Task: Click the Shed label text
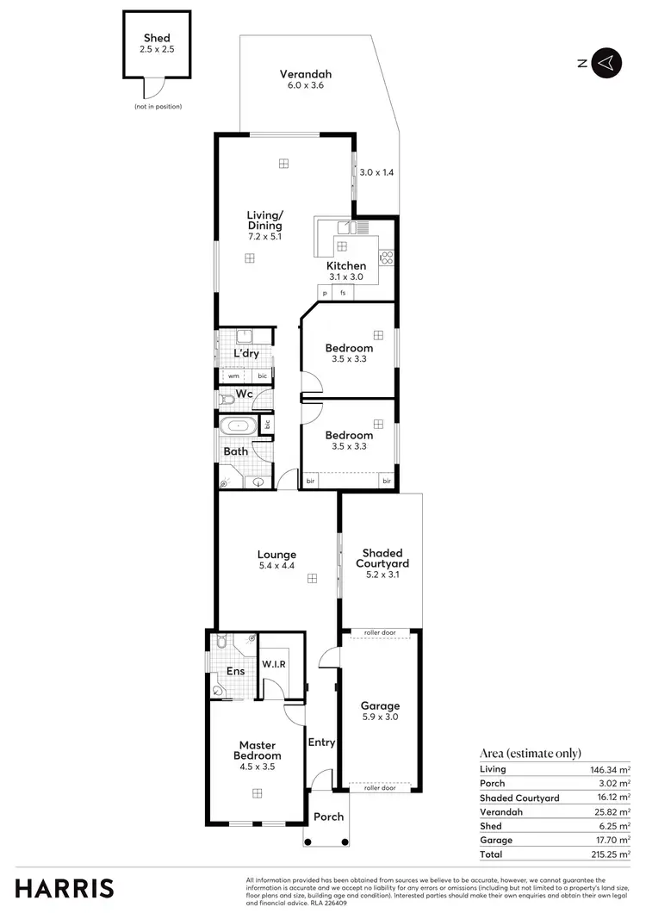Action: click(157, 38)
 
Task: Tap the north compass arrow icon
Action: click(607, 62)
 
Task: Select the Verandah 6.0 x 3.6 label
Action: click(305, 79)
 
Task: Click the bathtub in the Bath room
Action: click(236, 425)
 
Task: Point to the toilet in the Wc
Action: click(227, 398)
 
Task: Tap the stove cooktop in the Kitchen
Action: click(386, 256)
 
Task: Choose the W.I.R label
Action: click(275, 664)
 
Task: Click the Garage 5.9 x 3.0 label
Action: click(379, 711)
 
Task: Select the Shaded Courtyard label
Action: click(382, 558)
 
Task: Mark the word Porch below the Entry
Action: click(328, 817)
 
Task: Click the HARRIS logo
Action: click(64, 887)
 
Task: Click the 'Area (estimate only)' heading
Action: click(530, 753)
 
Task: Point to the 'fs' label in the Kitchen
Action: click(343, 293)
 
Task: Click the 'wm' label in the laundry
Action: click(233, 376)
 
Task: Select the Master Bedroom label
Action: click(257, 750)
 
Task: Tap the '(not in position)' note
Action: click(158, 106)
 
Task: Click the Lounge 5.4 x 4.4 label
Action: click(276, 560)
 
